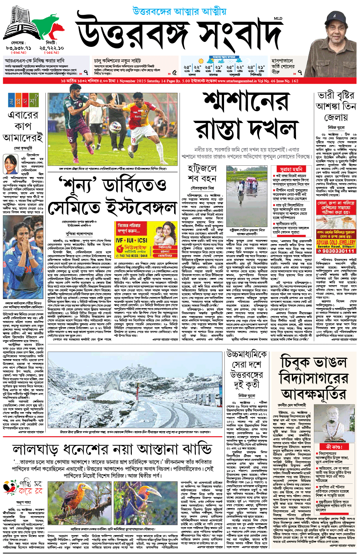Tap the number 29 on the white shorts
(133, 140)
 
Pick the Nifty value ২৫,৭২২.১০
(51, 48)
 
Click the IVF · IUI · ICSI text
(131, 240)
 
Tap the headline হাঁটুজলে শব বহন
(202, 173)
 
